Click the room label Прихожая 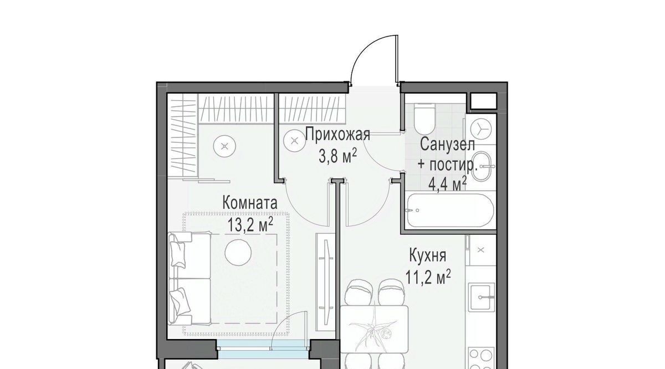(338, 135)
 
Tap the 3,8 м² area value (337, 156)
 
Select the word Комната (250, 203)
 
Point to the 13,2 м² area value (250, 225)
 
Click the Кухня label (427, 256)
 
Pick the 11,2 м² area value (428, 278)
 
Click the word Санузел (447, 145)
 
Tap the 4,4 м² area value (447, 184)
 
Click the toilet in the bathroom (424, 119)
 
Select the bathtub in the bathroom (451, 210)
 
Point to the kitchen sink (482, 297)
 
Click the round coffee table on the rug (238, 253)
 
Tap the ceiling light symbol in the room (225, 146)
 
